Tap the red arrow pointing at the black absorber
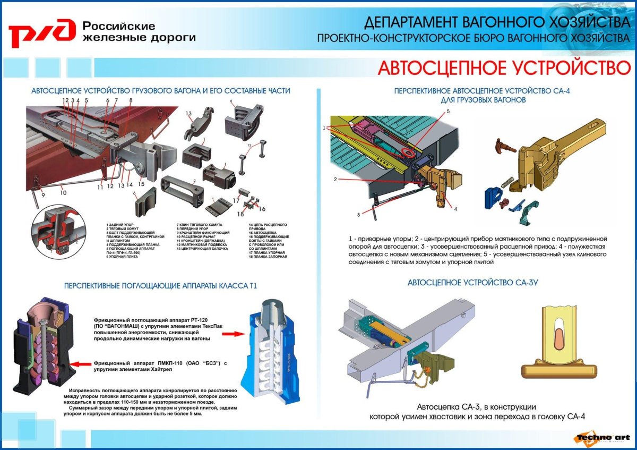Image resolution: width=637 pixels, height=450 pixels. pyautogui.click(x=80, y=364)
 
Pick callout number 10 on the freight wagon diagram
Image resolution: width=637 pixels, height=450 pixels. pyautogui.click(x=63, y=193)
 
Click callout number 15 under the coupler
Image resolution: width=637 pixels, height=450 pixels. pyautogui.click(x=141, y=184)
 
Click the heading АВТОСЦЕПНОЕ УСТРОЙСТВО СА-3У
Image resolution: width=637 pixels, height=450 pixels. pyautogui.click(x=473, y=283)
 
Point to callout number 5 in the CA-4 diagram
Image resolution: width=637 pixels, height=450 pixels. pyautogui.click(x=447, y=112)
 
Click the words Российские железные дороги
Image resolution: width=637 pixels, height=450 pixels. pyautogui.click(x=139, y=32)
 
